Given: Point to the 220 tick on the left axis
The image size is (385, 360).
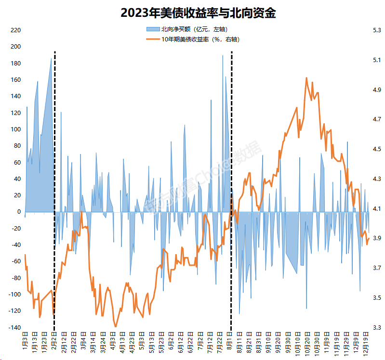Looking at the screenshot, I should pos(16,30).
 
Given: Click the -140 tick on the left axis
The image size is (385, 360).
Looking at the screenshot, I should pos(14,328).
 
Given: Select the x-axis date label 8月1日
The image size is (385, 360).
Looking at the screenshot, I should pos(230,342).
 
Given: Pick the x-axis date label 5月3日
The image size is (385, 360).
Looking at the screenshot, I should pos(142,342).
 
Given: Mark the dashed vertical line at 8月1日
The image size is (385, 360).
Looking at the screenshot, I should pos(232,193).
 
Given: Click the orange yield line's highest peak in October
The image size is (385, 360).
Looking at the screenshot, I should pos(306,77).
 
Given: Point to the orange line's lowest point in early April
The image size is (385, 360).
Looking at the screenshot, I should pos(116,327).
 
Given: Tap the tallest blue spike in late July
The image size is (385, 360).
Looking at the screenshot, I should pos(223,56).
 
